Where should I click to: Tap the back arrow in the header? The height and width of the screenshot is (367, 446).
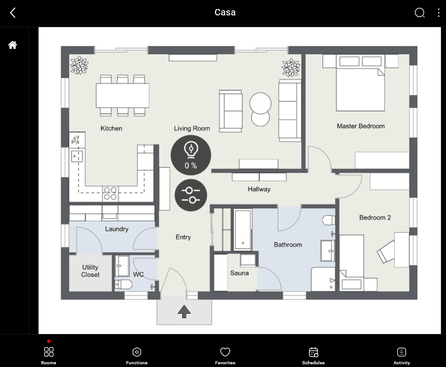[13, 13]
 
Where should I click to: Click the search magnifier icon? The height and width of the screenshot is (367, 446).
[419, 13]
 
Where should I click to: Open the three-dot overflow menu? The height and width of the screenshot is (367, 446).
[438, 13]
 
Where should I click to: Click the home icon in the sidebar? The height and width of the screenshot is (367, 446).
[13, 45]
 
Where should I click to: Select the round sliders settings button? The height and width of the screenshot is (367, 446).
[190, 195]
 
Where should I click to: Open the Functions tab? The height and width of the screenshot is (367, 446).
[137, 355]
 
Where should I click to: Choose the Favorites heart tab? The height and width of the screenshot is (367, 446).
[225, 355]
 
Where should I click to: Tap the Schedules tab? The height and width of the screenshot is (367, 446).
[313, 355]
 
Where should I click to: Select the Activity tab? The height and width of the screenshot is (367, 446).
[401, 355]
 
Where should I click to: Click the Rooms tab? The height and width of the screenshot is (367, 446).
[49, 355]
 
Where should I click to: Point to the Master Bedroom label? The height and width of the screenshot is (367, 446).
[361, 126]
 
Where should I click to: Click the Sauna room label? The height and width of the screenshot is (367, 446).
[239, 273]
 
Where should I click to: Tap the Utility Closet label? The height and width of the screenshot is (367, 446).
[90, 271]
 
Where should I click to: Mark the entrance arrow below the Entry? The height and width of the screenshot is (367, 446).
[184, 311]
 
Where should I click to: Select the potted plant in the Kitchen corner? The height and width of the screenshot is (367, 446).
[79, 65]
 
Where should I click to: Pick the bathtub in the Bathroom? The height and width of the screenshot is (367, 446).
[243, 230]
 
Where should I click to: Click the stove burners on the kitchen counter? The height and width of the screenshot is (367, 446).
[110, 193]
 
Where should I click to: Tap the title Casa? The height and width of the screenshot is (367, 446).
[225, 13]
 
